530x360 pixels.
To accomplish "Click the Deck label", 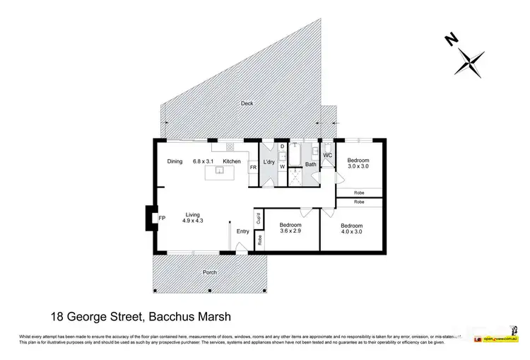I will [x=247, y=103].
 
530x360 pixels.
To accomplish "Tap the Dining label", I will [x=175, y=161].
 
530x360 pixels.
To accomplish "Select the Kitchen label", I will [x=232, y=161].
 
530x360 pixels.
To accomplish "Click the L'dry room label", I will [x=269, y=163].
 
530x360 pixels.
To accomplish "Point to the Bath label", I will [x=310, y=164].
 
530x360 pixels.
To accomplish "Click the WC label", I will [x=328, y=155].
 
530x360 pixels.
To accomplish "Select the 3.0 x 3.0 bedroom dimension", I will [x=358, y=168].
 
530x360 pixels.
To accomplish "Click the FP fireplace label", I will [x=162, y=218].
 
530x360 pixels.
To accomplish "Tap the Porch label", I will [x=209, y=272].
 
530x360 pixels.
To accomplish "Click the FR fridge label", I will [x=253, y=168].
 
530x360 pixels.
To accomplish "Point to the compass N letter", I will [x=450, y=40].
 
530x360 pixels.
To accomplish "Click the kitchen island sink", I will [x=220, y=170].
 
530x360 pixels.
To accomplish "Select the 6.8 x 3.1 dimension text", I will [x=204, y=161].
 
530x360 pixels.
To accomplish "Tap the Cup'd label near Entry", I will [x=259, y=218].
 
